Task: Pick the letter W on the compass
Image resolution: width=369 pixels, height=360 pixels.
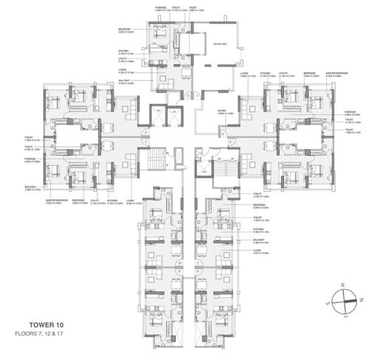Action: (x=332, y=283)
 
